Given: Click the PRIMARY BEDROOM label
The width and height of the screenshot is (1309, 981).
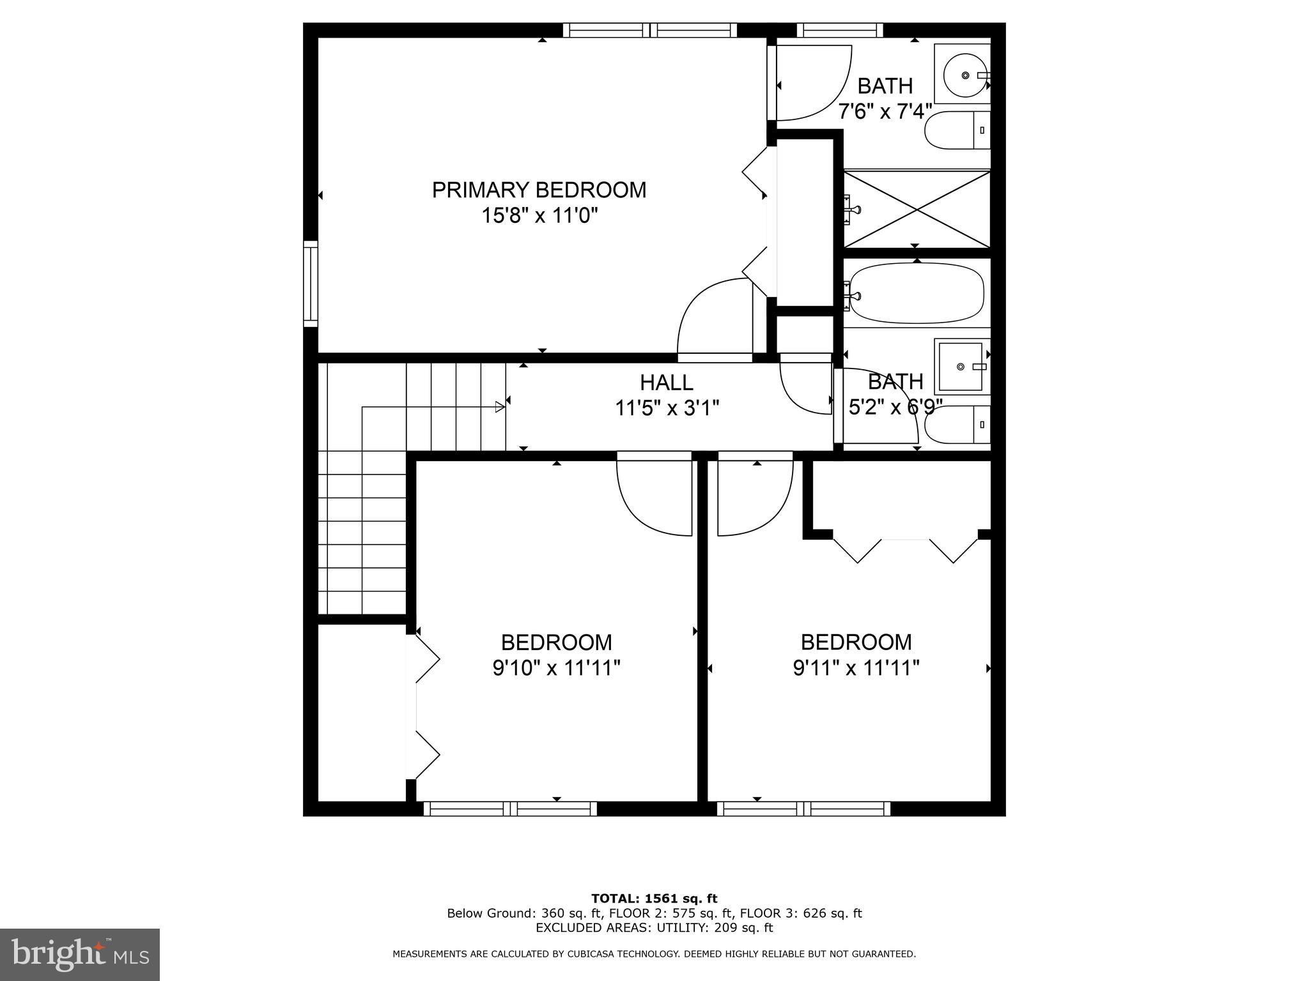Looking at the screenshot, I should click(539, 190).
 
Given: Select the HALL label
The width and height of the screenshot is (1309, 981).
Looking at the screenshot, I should click(667, 383).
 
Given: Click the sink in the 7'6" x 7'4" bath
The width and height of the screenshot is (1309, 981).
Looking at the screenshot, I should click(966, 75).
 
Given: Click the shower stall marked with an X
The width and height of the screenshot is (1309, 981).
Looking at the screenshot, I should click(917, 208).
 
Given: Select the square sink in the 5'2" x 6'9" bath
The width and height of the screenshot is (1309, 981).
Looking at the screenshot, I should click(961, 367).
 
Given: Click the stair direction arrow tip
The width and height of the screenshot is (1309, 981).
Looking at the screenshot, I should click(500, 406).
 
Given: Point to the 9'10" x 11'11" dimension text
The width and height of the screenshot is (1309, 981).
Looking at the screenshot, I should click(556, 668).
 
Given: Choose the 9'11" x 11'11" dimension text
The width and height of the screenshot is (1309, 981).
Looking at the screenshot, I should click(856, 668).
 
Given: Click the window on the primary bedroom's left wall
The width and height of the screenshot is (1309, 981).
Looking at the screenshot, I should click(311, 284).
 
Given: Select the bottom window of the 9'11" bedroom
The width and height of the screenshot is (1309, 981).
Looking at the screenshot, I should click(803, 809).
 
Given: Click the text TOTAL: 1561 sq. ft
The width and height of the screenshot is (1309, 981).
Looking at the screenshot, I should click(654, 899).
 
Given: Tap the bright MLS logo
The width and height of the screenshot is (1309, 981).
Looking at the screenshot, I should click(80, 954).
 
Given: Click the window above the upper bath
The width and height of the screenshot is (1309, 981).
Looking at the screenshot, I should click(840, 30).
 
